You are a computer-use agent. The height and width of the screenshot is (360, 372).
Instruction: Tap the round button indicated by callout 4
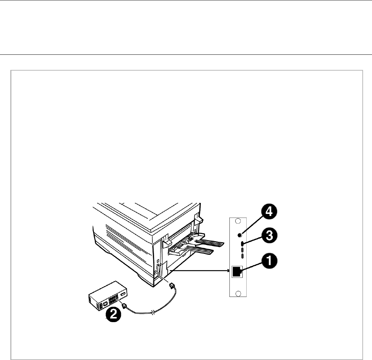240,235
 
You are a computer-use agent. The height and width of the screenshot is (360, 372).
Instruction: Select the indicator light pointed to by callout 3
242,244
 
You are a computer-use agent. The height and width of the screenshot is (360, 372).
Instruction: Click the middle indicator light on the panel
242,250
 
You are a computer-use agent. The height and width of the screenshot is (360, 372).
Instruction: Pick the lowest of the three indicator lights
242,256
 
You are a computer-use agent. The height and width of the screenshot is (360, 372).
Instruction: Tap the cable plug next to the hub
124,306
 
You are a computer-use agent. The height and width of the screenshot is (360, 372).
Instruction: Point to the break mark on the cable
153,313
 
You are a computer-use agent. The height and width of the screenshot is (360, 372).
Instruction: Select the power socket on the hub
105,305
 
